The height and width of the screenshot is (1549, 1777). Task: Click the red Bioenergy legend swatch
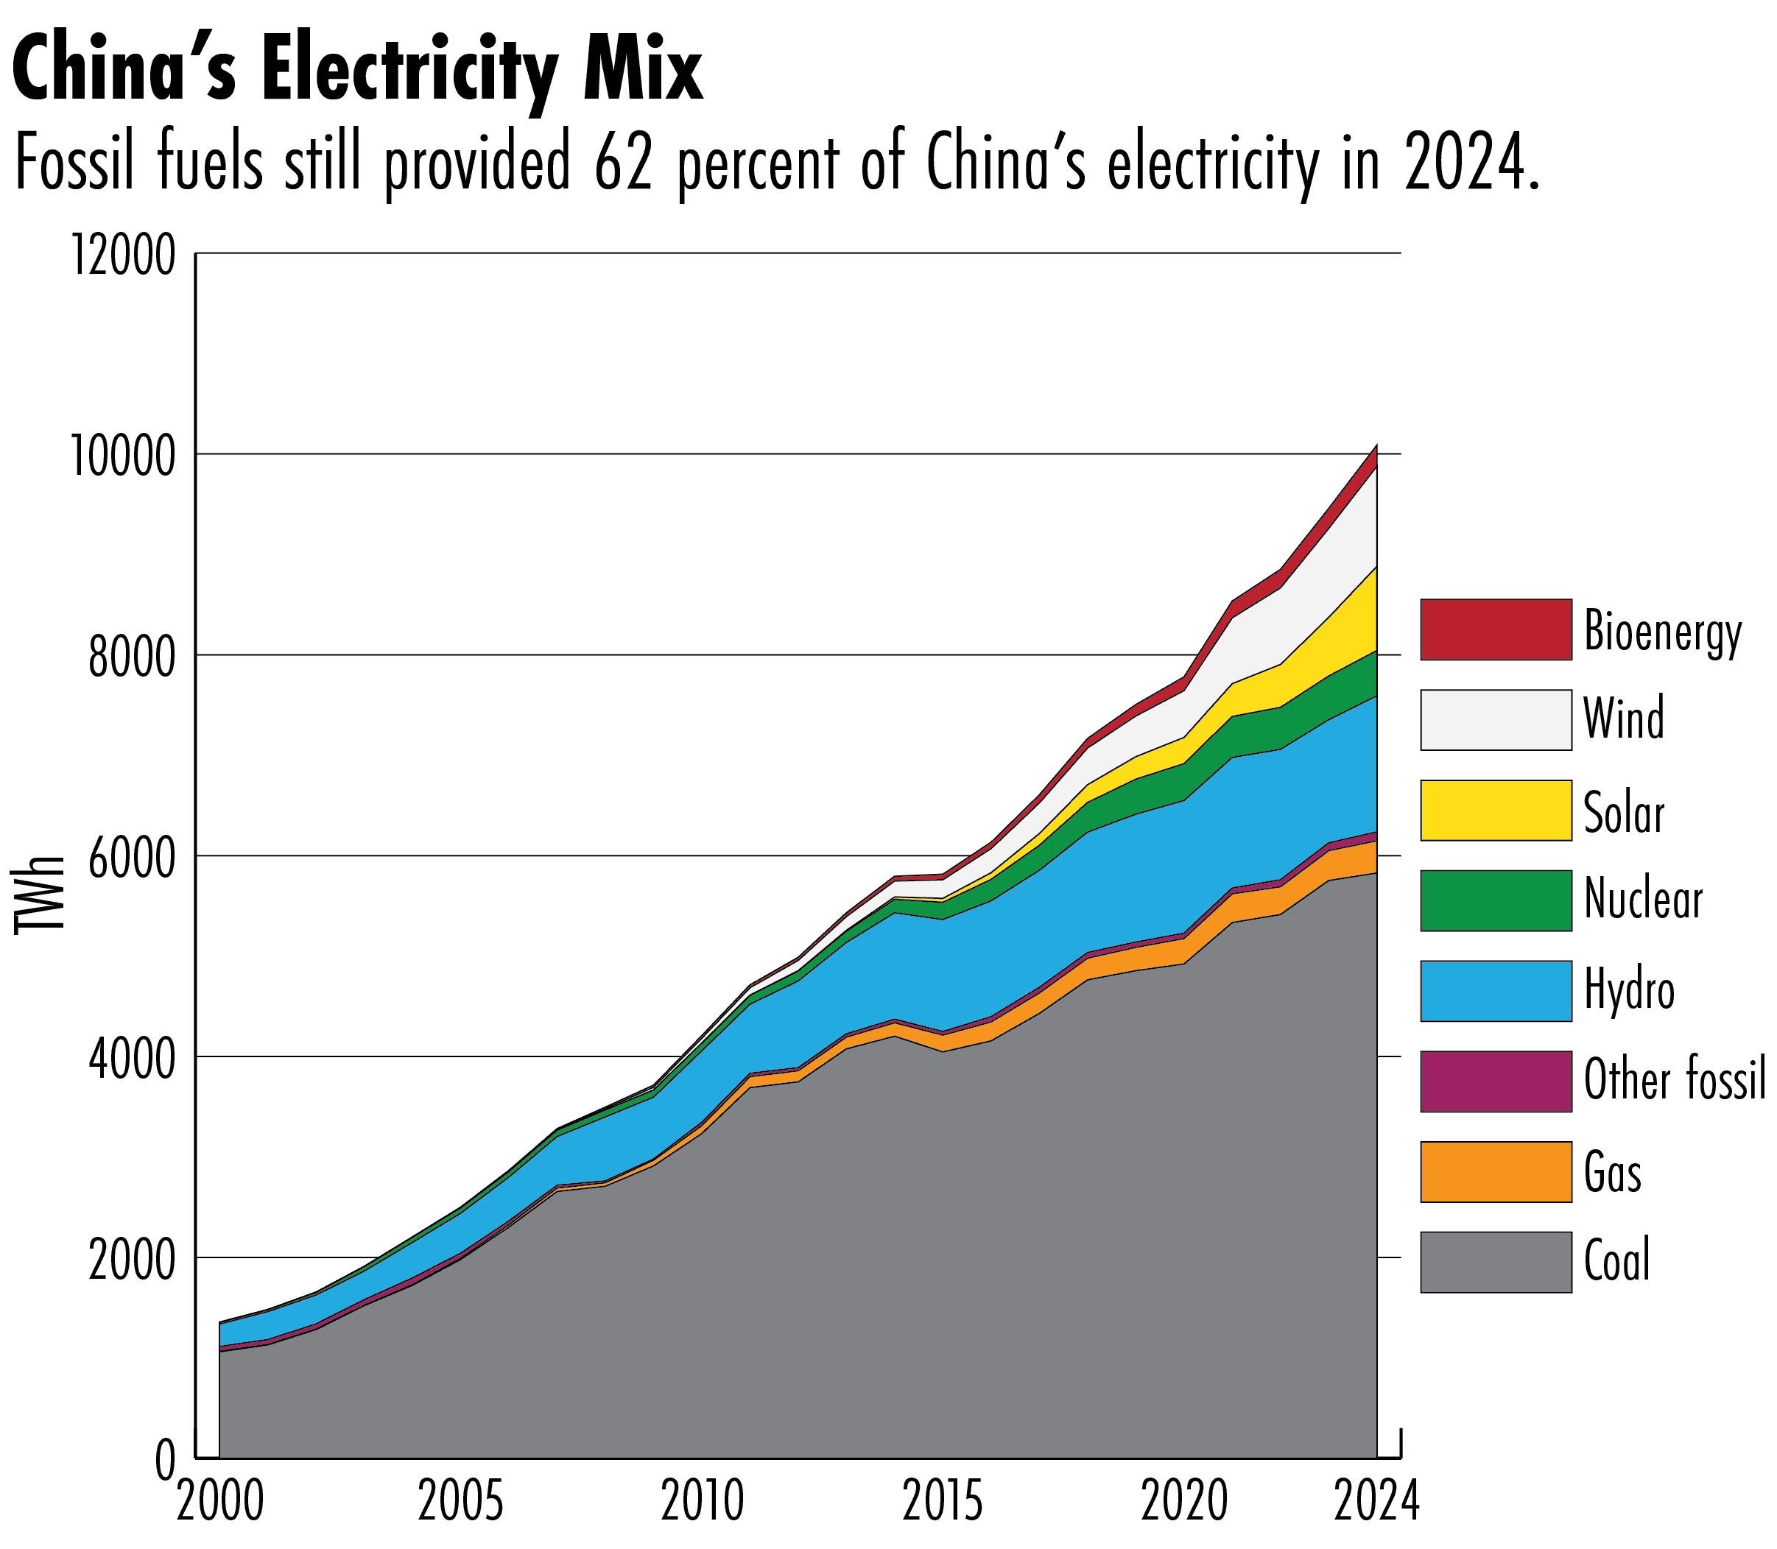click(x=1495, y=629)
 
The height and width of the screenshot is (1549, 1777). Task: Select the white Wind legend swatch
click(x=1495, y=720)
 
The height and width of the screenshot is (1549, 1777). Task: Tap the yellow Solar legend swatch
click(x=1495, y=810)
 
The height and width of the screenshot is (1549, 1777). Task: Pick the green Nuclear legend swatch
click(x=1495, y=900)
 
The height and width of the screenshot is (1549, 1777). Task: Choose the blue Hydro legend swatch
click(x=1495, y=991)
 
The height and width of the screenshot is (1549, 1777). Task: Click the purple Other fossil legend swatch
click(x=1495, y=1081)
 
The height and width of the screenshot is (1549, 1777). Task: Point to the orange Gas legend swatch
click(x=1495, y=1171)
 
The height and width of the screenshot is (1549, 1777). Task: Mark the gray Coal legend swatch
click(x=1495, y=1262)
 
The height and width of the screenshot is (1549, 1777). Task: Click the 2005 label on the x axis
click(x=460, y=1503)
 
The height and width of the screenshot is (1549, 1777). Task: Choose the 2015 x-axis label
click(x=943, y=1503)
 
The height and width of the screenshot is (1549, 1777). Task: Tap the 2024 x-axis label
click(x=1376, y=1503)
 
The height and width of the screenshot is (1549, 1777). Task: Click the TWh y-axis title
click(x=40, y=894)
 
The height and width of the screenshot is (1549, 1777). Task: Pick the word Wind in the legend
click(x=1623, y=719)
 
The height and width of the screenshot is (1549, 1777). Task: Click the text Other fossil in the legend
click(x=1674, y=1081)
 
